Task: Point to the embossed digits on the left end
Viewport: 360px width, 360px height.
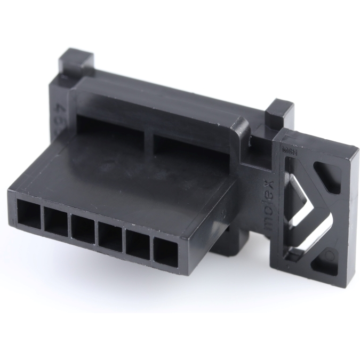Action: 57,101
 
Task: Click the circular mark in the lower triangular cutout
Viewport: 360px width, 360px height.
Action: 329,258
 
